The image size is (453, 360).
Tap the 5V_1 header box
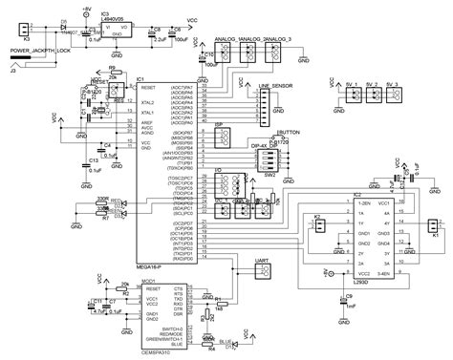click(350, 96)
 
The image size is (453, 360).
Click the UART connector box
click(264, 269)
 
